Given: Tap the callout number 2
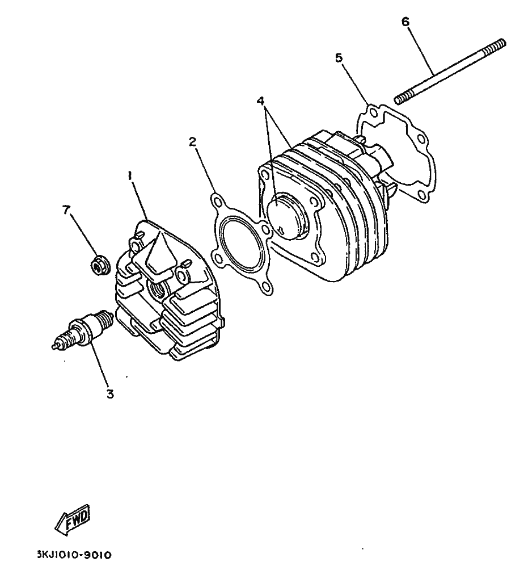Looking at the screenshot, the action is tap(193, 141).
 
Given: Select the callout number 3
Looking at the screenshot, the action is tap(110, 393).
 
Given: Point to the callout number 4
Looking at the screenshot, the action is tap(261, 100).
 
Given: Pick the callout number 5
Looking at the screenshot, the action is tap(339, 58).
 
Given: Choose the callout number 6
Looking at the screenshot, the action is tap(405, 22).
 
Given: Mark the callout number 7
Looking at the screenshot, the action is tap(65, 209).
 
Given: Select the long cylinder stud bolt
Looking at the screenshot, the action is tap(450, 72).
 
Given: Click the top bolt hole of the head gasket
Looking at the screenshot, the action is tap(217, 202).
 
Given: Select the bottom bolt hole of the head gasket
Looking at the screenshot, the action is tap(267, 287).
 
